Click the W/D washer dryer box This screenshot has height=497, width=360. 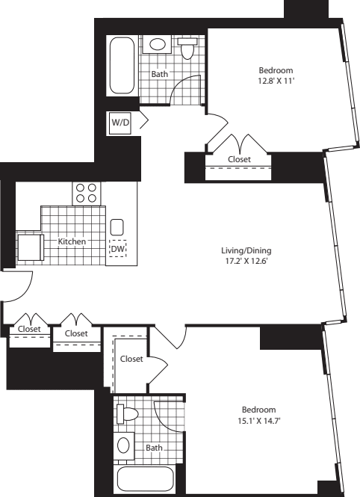[x=120, y=122]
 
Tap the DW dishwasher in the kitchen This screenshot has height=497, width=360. [x=117, y=249]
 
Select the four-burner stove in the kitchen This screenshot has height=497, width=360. [x=87, y=194]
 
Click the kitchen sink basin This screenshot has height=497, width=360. [x=117, y=226]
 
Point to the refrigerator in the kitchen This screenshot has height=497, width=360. [x=29, y=247]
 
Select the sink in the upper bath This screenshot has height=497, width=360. [x=158, y=44]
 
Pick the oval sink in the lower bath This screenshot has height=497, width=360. [x=124, y=446]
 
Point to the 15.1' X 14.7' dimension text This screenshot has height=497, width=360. [x=258, y=421]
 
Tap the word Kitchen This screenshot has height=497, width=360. [x=72, y=241]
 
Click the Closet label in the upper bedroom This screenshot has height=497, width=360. [x=238, y=159]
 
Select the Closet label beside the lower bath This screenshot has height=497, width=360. [x=131, y=359]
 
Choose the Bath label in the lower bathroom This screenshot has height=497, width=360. [x=154, y=448]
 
